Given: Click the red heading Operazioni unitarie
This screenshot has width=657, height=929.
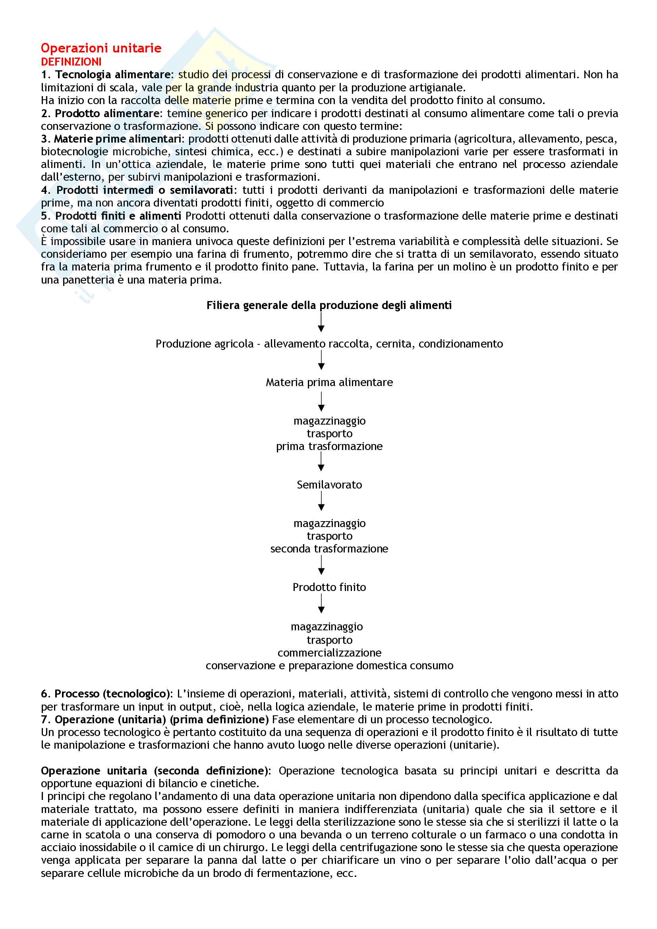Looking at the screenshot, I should (x=101, y=48).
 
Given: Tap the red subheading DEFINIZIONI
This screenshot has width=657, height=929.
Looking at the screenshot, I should (x=71, y=62).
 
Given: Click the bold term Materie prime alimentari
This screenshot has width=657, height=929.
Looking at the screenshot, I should (x=118, y=139).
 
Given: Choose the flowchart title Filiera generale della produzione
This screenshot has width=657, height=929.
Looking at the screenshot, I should (x=329, y=305).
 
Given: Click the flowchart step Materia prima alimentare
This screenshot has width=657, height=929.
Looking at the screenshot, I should (x=329, y=382).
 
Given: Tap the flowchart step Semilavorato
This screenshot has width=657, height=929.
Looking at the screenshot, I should (x=329, y=485).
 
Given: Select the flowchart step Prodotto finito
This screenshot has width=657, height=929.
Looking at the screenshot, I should (x=329, y=587).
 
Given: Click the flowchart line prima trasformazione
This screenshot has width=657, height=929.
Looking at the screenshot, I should (x=329, y=446).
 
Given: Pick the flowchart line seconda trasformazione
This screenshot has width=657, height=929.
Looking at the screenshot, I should (x=329, y=549).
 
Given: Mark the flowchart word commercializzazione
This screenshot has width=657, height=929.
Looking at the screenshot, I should (x=329, y=653).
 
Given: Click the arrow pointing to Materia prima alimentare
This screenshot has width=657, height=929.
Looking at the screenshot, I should (x=321, y=360).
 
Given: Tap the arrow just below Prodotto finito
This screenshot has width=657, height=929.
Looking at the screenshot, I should (x=321, y=604).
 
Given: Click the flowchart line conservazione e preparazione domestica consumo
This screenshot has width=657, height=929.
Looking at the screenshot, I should (x=329, y=666).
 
